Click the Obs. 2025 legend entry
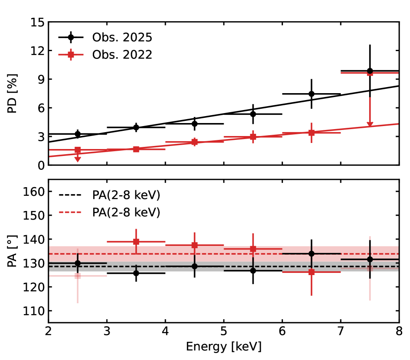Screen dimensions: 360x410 pos(122,37)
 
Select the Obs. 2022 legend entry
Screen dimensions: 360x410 pos(122,55)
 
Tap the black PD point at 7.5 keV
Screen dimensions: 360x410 pos(370,71)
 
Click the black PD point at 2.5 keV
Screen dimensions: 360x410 pos(78,134)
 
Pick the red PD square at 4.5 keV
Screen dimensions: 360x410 pos(195,142)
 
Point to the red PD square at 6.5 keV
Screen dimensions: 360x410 pos(311,133)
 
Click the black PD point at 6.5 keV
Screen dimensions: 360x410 pos(311,94)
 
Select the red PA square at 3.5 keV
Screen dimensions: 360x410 pos(136,242)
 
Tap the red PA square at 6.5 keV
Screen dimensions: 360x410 pos(311,272)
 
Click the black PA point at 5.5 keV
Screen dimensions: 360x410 pos(253,270)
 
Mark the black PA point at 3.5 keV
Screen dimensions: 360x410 pos(136,273)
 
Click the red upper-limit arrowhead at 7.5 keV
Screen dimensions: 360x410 pos(370,125)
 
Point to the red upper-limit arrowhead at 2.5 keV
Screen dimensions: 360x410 pos(78,159)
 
